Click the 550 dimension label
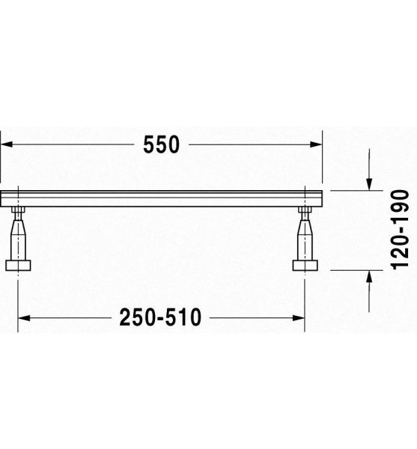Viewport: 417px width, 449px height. point(161,144)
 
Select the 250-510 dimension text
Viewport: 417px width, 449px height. point(160,317)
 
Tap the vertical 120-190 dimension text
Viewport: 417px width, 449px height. point(400,230)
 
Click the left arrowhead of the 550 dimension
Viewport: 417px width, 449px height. point(6,144)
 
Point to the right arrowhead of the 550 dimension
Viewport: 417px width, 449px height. point(316,144)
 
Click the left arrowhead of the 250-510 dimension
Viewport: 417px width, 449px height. point(24,318)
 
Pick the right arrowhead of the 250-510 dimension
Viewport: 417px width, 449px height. point(298,318)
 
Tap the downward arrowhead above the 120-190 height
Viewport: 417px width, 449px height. point(369,184)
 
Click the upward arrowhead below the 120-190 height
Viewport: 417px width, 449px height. point(369,276)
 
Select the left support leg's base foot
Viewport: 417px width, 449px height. point(18,266)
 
